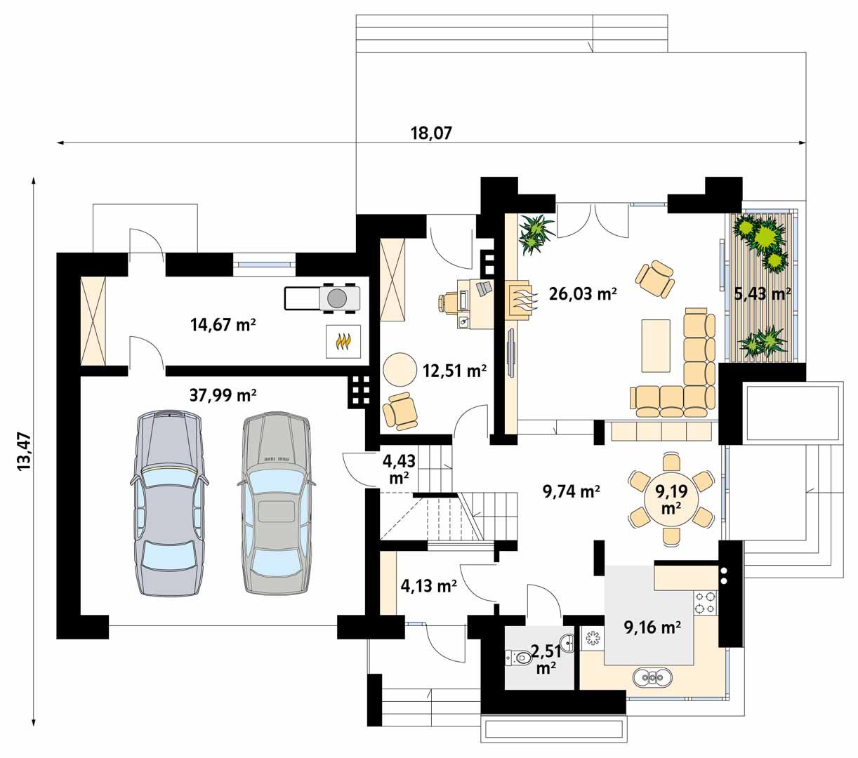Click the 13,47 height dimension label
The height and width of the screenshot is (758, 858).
coord(24,451)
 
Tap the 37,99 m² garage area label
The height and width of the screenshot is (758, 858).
coord(223,396)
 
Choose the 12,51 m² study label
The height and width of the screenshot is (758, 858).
coord(454,371)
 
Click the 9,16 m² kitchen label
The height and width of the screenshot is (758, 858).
coord(652,627)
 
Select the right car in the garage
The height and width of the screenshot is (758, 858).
coord(276,502)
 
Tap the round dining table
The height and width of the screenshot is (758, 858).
coord(671,498)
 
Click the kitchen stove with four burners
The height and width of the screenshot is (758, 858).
coord(705,602)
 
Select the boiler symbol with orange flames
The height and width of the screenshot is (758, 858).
coord(343,342)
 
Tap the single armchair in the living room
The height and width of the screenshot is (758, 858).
coord(656,279)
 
